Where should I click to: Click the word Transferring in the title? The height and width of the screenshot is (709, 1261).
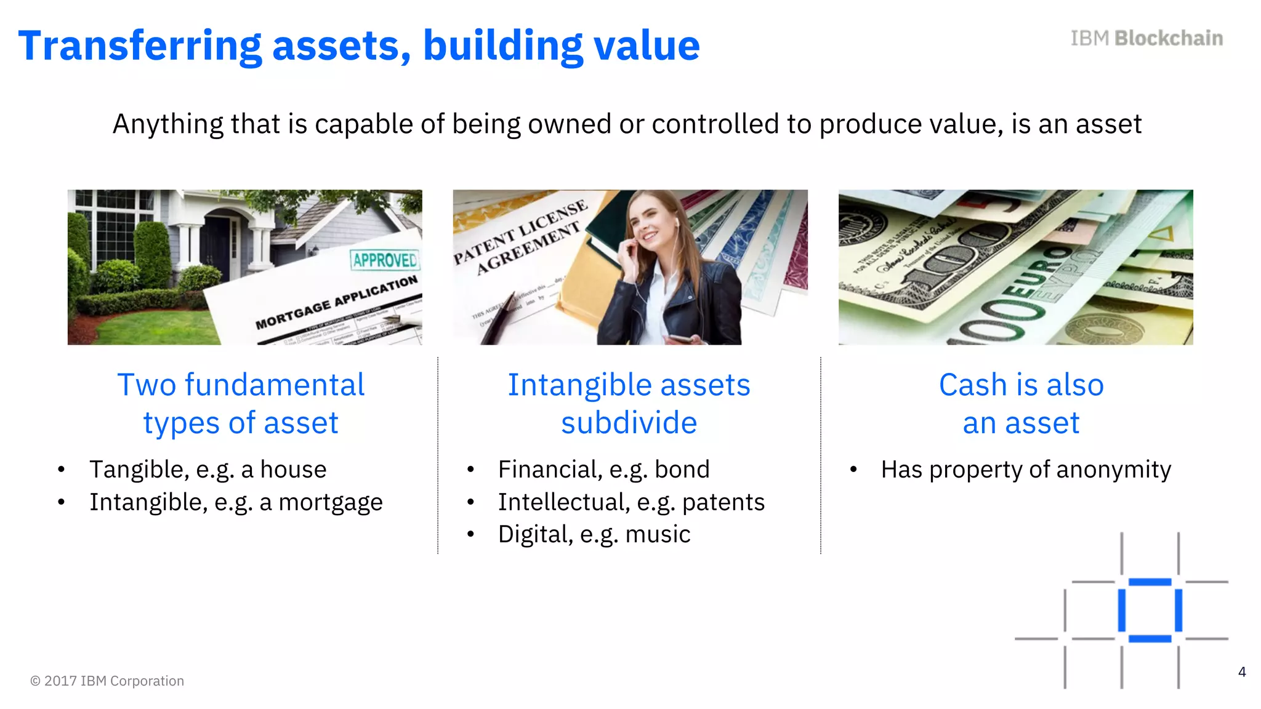140,46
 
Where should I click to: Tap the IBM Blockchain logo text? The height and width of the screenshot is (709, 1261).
1146,38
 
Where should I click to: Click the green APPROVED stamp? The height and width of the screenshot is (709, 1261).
385,260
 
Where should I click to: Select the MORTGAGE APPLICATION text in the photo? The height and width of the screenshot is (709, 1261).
336,302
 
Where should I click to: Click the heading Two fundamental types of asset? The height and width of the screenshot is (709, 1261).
241,404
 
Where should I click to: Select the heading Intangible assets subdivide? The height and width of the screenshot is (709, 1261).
629,404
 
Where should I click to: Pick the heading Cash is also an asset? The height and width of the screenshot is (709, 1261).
1021,404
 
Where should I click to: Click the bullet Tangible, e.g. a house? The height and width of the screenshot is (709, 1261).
207,470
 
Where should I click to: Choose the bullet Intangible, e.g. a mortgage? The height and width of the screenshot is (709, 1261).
236,502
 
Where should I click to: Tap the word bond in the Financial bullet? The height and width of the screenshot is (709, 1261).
682,470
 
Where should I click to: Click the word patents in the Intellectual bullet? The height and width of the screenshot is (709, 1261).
723,502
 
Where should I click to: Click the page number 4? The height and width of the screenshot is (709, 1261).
1242,672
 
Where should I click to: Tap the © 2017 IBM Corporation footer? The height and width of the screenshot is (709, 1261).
107,681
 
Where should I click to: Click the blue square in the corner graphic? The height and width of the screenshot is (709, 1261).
1150,611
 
